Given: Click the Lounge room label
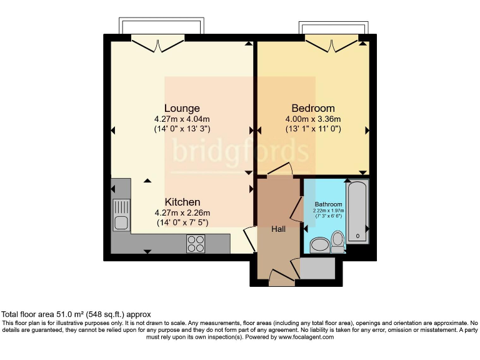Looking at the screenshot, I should click(182, 108).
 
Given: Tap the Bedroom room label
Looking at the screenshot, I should click(313, 108).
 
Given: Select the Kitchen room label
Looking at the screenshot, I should click(182, 202).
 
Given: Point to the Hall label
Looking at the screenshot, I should click(278, 229).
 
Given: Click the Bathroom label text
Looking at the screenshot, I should click(328, 204).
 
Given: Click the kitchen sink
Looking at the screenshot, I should click(121, 215).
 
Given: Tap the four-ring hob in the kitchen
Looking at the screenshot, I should click(196, 243).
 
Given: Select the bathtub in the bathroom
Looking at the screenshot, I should click(358, 212).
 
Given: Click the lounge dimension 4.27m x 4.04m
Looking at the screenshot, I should click(182, 119).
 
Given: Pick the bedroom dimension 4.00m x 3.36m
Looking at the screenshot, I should click(312, 119).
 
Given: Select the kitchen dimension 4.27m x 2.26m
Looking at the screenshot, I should click(182, 212).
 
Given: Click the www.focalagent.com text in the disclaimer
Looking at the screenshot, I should click(305, 337).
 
